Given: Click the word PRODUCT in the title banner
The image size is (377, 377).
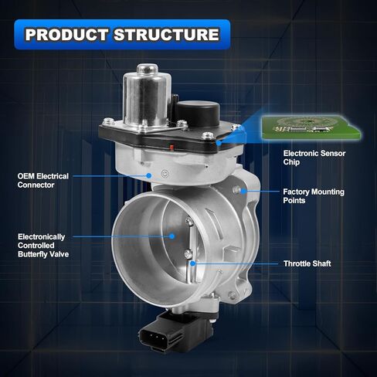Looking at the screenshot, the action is click(66, 35).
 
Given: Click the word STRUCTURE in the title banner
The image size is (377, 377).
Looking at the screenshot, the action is click(166, 35).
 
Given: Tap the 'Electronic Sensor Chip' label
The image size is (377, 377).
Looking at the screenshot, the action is click(314, 158).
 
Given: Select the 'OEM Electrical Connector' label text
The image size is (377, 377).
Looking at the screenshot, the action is click(43, 181).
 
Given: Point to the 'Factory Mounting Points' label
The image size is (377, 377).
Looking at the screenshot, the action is click(314, 196).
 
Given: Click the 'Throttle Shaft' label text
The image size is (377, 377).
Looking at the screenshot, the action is click(307, 263).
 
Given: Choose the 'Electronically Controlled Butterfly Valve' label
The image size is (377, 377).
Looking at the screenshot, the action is click(43, 246).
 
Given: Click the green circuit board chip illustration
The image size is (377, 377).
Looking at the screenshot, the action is click(311, 127).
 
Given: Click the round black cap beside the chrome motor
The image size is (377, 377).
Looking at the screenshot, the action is click(199, 113).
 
